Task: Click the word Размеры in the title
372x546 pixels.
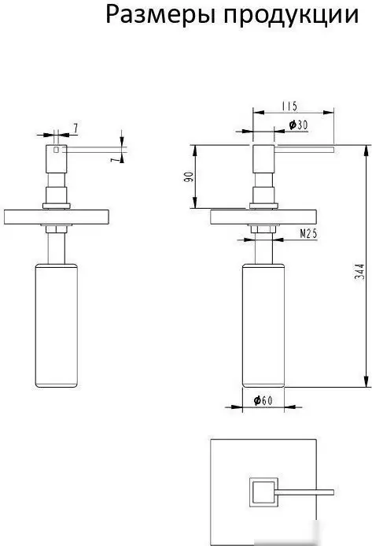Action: pyautogui.click(x=162, y=15)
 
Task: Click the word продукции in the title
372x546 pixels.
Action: pyautogui.click(x=292, y=16)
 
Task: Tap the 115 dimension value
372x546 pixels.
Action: pyautogui.click(x=289, y=106)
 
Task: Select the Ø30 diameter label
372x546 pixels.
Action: pyautogui.click(x=298, y=124)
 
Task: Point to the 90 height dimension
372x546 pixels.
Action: pyautogui.click(x=188, y=176)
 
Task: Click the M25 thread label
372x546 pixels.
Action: pyautogui.click(x=308, y=234)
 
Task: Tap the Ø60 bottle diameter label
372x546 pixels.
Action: pyautogui.click(x=263, y=401)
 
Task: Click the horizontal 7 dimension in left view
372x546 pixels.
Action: pyautogui.click(x=75, y=128)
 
